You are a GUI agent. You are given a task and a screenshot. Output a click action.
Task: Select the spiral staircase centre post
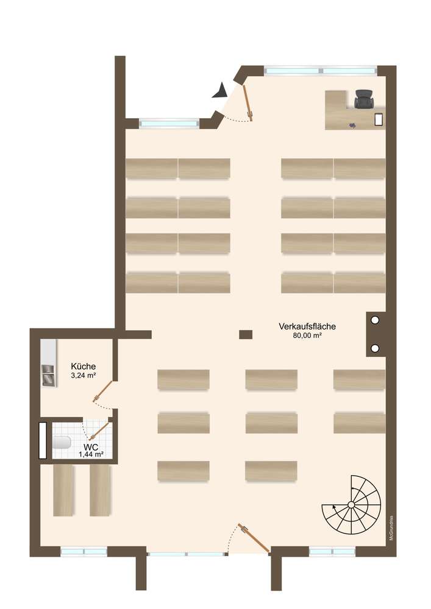351,504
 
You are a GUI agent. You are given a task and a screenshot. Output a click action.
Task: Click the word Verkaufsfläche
307,326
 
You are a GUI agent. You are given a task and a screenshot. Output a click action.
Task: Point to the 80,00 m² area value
307,336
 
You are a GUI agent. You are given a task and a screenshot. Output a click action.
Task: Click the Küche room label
83,366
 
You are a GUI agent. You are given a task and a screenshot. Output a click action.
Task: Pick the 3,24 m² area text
83,376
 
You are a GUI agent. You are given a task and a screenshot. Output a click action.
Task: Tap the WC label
91,448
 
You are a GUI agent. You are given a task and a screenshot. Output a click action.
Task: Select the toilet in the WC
62,442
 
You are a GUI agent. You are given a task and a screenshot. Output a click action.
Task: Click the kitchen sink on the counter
49,375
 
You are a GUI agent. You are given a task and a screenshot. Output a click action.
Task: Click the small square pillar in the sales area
246,334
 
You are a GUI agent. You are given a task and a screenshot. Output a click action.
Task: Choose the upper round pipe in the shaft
375,320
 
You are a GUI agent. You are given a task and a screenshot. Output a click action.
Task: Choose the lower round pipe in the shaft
375,348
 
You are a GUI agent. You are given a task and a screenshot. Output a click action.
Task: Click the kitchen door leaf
103,391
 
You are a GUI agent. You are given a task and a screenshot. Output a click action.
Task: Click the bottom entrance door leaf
255,538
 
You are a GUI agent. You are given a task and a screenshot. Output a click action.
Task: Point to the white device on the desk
379,119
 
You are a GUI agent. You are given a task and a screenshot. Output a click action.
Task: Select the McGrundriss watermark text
391,528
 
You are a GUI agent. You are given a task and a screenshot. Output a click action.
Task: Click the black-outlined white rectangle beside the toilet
43,440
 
